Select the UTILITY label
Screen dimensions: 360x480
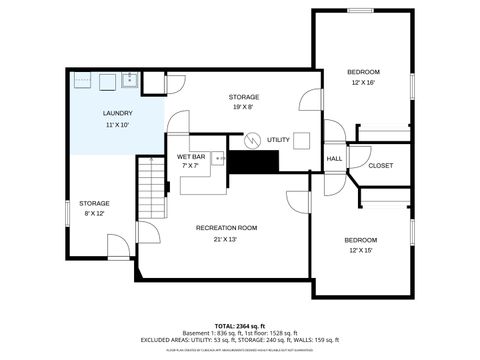[x=279, y=139]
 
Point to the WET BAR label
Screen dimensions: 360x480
[x=191, y=156]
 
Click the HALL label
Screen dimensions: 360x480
[x=334, y=158]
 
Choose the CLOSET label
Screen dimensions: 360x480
[x=381, y=165]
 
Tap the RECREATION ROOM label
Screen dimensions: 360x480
[x=226, y=228]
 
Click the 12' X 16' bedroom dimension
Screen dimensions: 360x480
[x=363, y=83]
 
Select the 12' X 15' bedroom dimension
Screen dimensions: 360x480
[x=361, y=251]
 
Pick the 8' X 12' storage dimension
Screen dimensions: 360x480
[x=95, y=214]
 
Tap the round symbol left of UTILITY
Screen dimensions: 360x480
[x=252, y=139]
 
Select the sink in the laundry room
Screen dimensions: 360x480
[x=129, y=78]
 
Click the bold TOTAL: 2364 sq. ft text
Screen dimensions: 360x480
[x=239, y=325]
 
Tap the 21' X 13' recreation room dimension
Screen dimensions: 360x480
[x=226, y=240]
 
